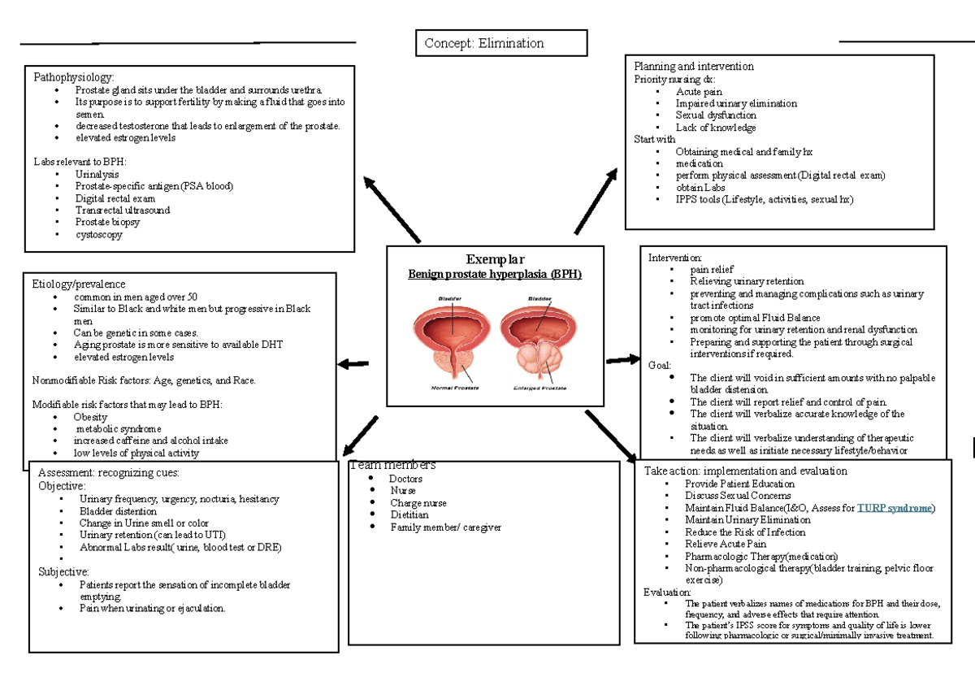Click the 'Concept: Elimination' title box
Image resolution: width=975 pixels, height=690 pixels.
pyautogui.click(x=500, y=43)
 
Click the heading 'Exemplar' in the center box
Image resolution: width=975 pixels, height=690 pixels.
pyautogui.click(x=495, y=260)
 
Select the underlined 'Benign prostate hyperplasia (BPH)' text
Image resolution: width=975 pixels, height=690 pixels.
pyautogui.click(x=495, y=275)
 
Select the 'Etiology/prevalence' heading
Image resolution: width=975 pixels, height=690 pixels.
pyautogui.click(x=78, y=284)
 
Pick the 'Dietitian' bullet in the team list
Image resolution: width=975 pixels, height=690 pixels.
pyautogui.click(x=409, y=515)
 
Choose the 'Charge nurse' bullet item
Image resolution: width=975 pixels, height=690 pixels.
pyautogui.click(x=418, y=503)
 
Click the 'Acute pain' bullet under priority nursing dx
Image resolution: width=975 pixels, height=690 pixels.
pyautogui.click(x=698, y=92)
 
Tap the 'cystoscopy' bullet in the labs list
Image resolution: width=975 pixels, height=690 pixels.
pyautogui.click(x=98, y=235)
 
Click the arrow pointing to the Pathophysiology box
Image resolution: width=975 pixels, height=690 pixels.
pyautogui.click(x=392, y=210)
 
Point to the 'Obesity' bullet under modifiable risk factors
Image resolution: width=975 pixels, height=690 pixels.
pyautogui.click(x=89, y=417)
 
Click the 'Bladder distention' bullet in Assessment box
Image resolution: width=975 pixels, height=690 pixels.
pyautogui.click(x=118, y=511)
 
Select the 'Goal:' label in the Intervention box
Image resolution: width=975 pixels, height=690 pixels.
pyautogui.click(x=660, y=365)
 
